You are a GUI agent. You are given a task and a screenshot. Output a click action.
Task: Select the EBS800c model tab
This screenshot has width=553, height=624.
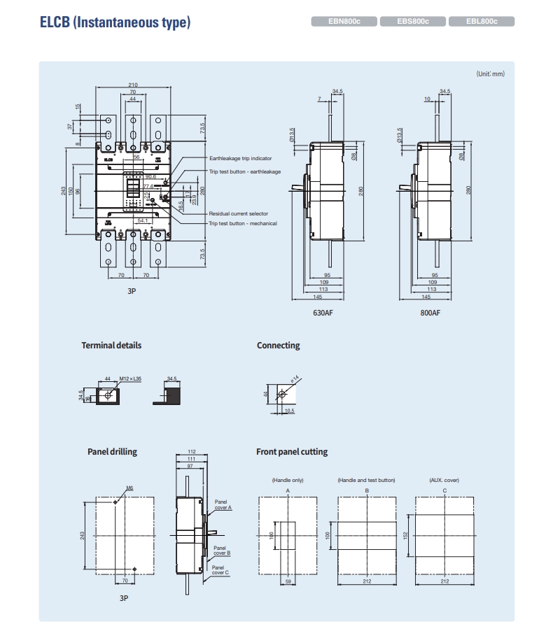[x=412, y=22]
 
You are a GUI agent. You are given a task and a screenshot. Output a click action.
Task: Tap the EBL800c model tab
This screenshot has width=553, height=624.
[x=481, y=22]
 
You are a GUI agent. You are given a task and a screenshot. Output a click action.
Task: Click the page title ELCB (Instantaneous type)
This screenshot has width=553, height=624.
[x=115, y=22]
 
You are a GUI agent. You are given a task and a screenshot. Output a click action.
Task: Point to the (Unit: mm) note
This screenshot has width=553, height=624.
[x=490, y=73]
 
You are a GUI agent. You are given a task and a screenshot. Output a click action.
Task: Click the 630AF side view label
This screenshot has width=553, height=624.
[x=323, y=313]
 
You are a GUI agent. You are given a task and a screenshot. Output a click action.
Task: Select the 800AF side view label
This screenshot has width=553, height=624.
[x=430, y=313]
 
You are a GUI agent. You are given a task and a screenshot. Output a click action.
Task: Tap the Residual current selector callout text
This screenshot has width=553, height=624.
[x=238, y=213]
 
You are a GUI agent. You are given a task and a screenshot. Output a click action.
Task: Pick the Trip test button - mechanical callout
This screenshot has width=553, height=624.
[x=242, y=223]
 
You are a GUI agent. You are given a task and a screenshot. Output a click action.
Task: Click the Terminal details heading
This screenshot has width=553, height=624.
[x=111, y=345]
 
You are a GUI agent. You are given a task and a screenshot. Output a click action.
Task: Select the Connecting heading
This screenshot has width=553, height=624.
[x=278, y=345]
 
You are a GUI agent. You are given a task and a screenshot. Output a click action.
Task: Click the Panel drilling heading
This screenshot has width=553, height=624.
[x=112, y=452]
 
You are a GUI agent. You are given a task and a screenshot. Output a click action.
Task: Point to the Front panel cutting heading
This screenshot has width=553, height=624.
[x=292, y=452]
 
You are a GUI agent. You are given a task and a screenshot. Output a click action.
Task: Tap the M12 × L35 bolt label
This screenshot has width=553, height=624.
[x=131, y=378]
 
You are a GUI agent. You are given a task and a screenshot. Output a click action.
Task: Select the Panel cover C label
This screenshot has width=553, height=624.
[x=221, y=569]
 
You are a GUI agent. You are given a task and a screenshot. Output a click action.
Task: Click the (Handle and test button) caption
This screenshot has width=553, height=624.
[x=366, y=481]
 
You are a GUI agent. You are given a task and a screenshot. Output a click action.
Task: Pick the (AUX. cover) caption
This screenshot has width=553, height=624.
[x=444, y=481]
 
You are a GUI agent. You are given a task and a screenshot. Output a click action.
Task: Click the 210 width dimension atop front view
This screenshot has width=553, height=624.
[x=133, y=85]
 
